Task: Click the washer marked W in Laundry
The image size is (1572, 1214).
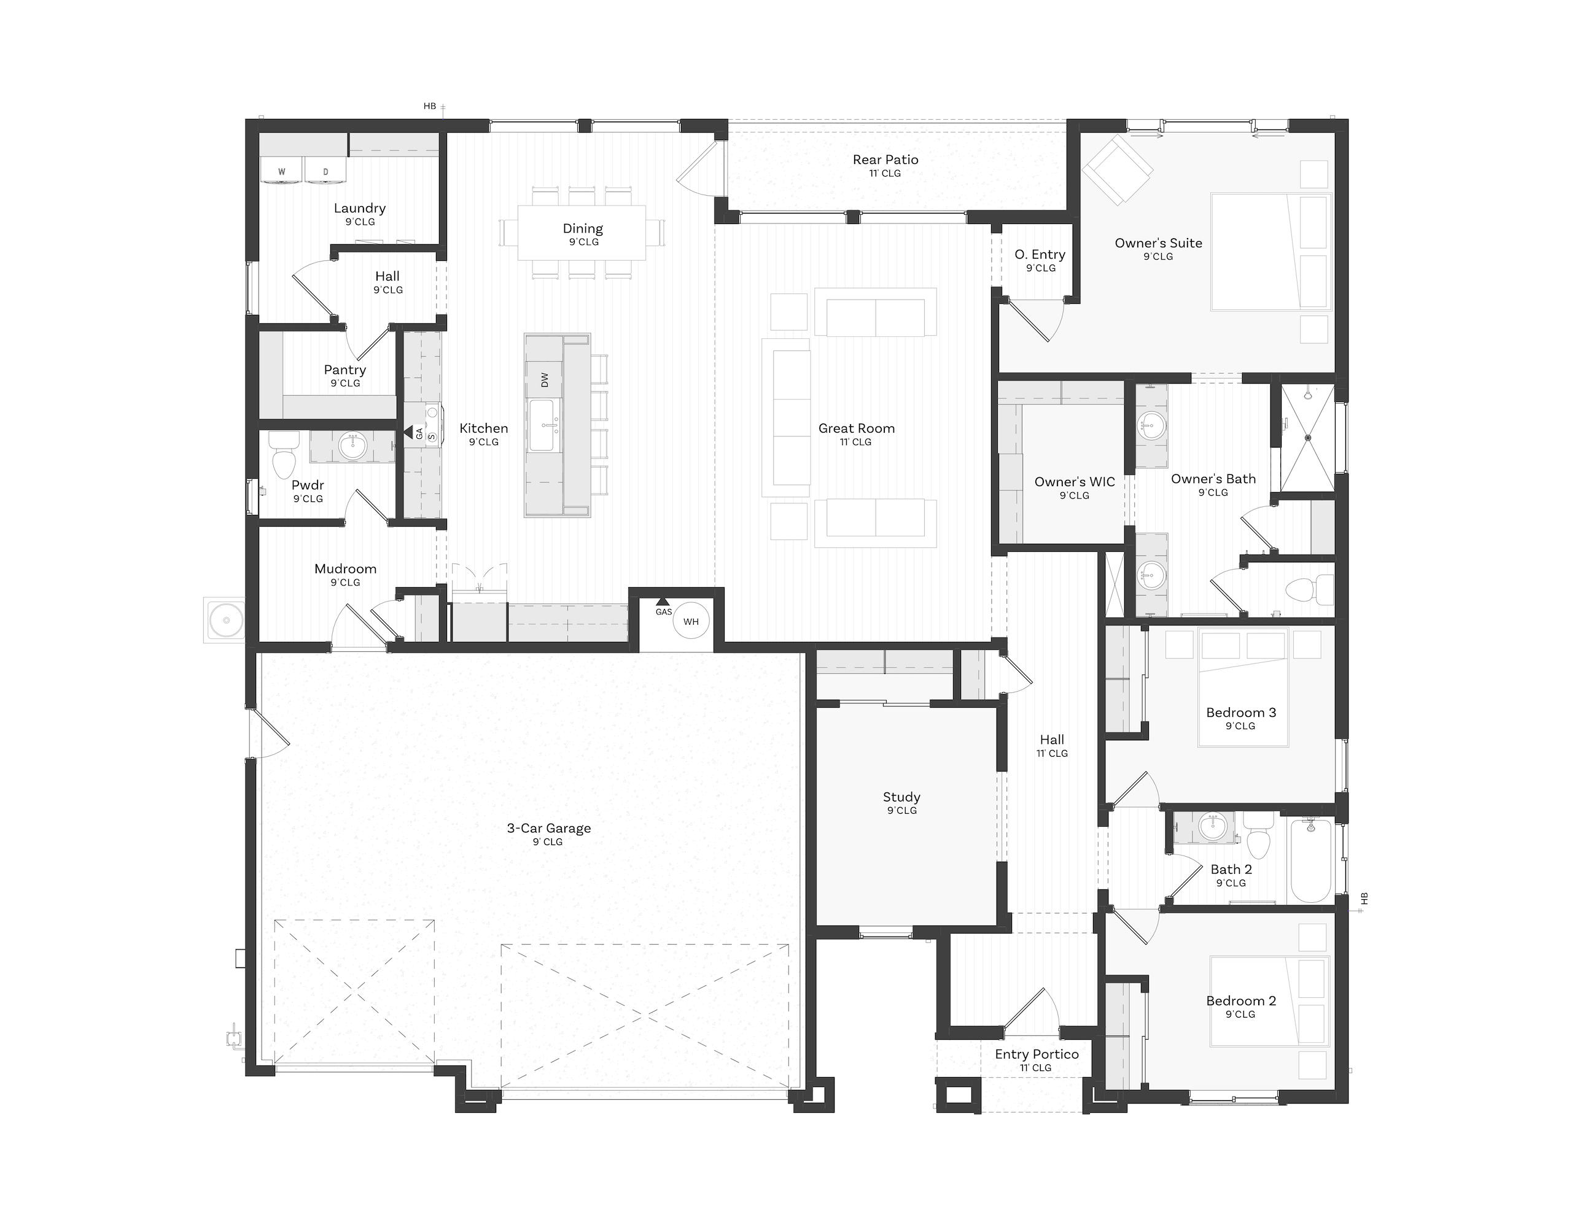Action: tap(282, 171)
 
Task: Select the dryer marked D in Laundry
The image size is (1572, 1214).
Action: tap(325, 171)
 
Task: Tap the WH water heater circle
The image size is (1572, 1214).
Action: tap(691, 621)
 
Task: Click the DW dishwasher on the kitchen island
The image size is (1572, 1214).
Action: tap(544, 379)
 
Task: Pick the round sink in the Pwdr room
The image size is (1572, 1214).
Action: tap(352, 447)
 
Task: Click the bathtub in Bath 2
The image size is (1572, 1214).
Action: tap(1311, 860)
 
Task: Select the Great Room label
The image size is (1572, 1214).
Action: tap(857, 428)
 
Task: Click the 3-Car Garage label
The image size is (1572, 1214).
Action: tap(549, 829)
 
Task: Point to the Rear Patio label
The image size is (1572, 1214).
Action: tap(885, 160)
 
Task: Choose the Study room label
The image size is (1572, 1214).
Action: tap(902, 797)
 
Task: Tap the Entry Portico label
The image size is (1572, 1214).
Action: tap(1037, 1054)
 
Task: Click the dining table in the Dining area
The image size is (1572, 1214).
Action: tap(582, 233)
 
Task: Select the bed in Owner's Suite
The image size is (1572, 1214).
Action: tap(1270, 251)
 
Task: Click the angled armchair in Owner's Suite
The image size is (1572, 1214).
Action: tap(1117, 170)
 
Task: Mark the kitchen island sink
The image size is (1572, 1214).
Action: tap(541, 425)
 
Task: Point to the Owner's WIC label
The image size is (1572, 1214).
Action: tap(1075, 482)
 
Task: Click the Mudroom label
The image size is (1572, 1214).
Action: tap(346, 569)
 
